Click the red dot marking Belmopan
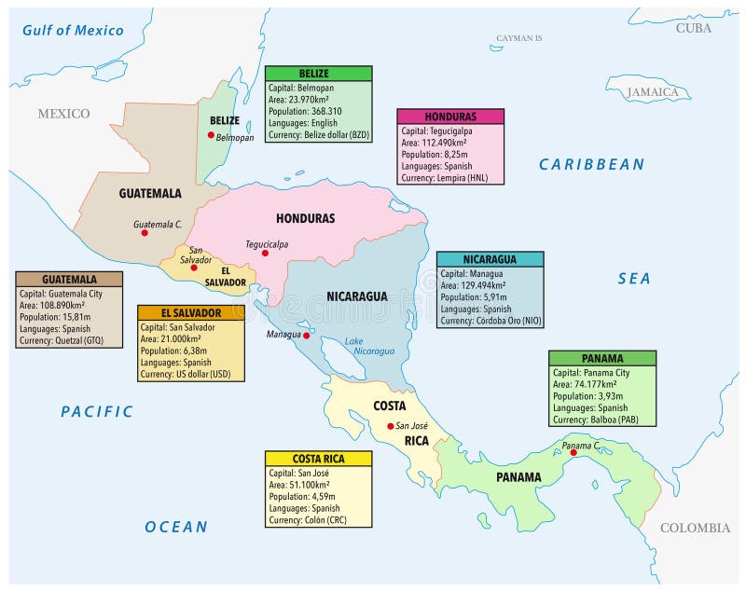tap(212, 135)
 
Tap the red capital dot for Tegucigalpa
tap(265, 253)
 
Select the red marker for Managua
tap(306, 333)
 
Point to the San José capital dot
tap(391, 426)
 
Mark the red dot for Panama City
tap(573, 452)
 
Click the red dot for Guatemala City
tap(145, 233)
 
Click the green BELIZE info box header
tap(318, 74)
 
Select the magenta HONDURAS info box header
tap(449, 117)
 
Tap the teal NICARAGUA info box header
tap(490, 259)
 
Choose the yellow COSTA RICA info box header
tap(318, 459)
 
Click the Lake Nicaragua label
tap(368, 346)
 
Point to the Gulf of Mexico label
tap(74, 31)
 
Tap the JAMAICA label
tap(652, 92)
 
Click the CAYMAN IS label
tap(518, 38)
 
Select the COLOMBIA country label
tap(695, 528)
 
